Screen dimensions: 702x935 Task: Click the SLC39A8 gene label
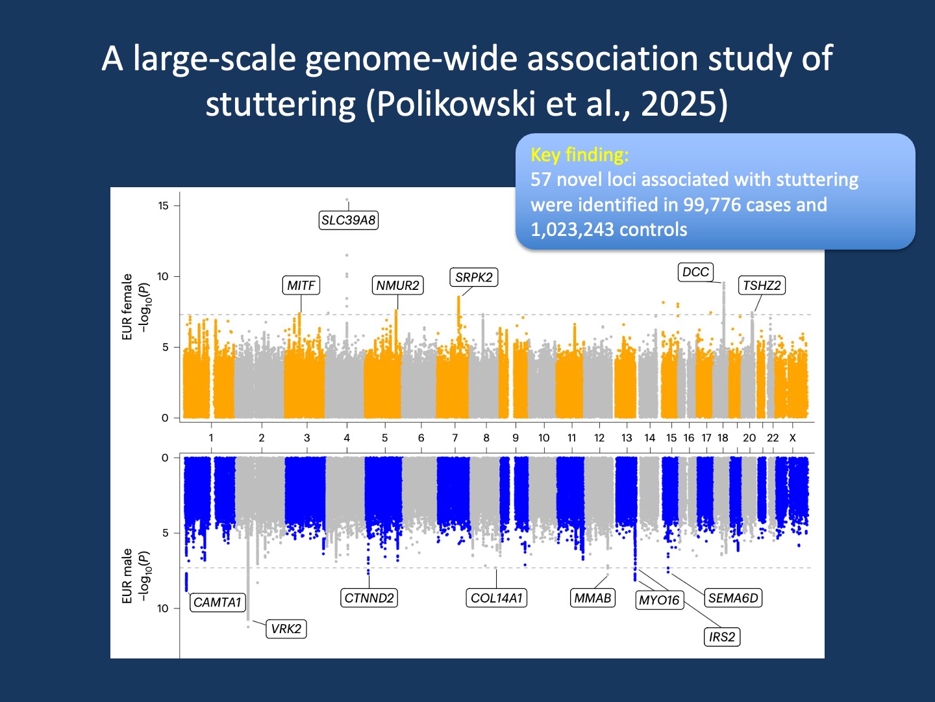click(x=349, y=220)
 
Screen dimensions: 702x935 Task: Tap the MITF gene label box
click(x=301, y=285)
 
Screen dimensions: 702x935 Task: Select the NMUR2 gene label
click(x=397, y=285)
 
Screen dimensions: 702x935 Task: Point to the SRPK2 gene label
click(x=473, y=277)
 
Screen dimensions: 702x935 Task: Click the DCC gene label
click(x=695, y=272)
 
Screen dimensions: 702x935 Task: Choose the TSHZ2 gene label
click(x=762, y=285)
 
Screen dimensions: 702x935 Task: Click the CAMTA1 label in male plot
click(x=218, y=602)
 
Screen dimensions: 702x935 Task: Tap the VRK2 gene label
click(x=286, y=629)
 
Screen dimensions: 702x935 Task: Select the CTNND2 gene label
click(x=369, y=598)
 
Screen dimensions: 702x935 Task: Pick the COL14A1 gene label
click(x=496, y=598)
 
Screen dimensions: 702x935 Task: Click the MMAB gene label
click(x=592, y=598)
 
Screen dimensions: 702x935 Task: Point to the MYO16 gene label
click(x=659, y=600)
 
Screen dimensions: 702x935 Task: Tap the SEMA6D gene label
click(x=733, y=598)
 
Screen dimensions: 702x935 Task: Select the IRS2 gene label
click(x=722, y=637)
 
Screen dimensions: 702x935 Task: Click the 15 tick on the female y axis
click(x=163, y=205)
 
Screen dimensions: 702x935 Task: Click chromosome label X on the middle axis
click(x=792, y=438)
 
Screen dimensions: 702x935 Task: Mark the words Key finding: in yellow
click(x=579, y=155)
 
